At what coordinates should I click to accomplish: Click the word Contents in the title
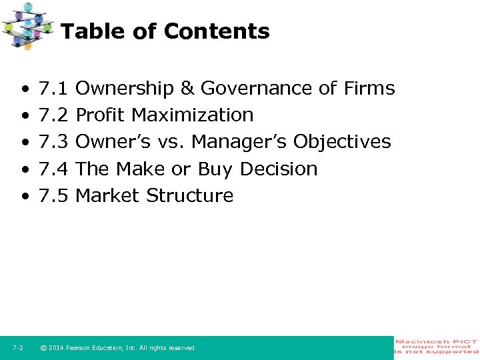coord(217,31)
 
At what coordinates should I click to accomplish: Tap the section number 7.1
coord(54,88)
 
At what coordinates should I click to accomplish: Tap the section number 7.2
coord(54,115)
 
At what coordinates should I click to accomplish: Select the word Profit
coord(101,115)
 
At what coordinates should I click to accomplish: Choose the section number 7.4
coord(54,169)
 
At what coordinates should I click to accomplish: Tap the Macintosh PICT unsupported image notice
coord(437,347)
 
